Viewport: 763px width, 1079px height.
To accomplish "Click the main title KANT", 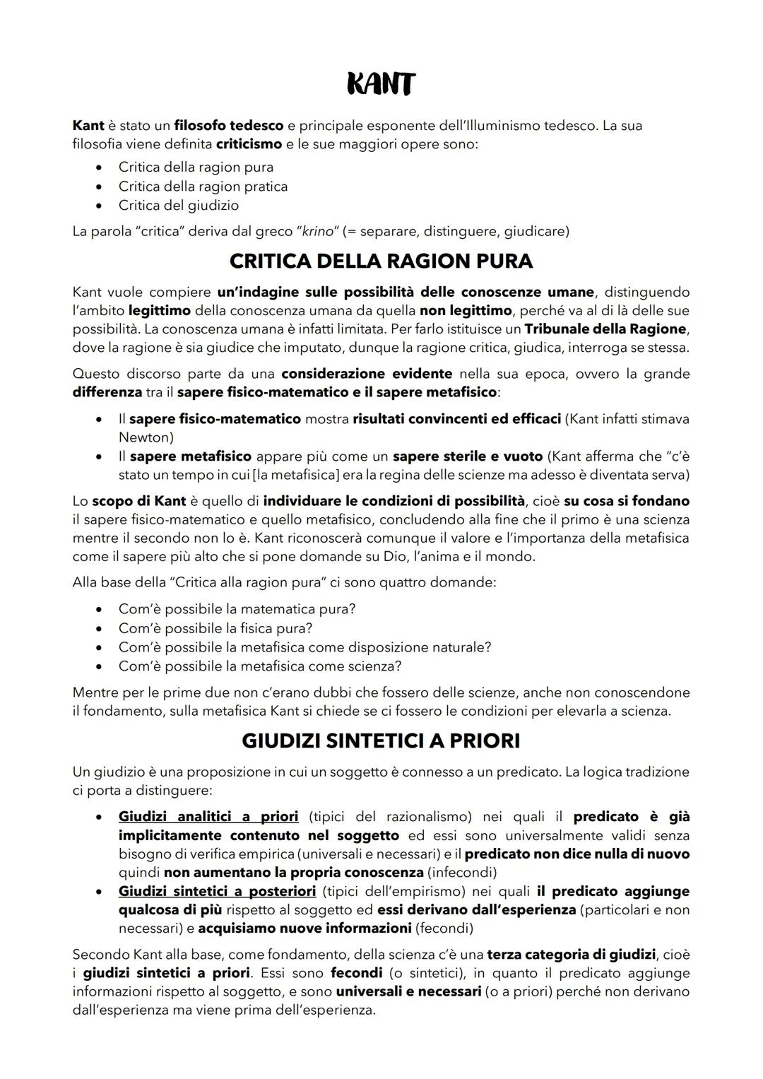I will (381, 86).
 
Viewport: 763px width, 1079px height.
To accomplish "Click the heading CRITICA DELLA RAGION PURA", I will (381, 261).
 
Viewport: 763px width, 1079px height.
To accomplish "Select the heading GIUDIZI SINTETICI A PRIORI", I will (381, 741).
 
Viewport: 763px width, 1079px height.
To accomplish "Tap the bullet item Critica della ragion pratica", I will (203, 187).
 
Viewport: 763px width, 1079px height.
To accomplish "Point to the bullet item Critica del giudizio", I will (179, 206).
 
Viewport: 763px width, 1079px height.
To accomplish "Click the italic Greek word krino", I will (316, 231).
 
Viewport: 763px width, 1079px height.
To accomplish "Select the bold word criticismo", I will (249, 144).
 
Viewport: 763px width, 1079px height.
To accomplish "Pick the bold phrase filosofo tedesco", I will (229, 126).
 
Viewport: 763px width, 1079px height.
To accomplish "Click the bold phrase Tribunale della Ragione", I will (605, 329).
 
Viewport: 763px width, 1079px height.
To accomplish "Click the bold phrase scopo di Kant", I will (139, 501).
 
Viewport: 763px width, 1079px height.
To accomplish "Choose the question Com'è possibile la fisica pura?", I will (215, 628).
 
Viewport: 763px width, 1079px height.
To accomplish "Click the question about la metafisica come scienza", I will (260, 666).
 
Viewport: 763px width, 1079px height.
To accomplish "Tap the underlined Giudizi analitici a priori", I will (208, 817).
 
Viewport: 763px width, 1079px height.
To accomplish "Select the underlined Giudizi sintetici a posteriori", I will (217, 891).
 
